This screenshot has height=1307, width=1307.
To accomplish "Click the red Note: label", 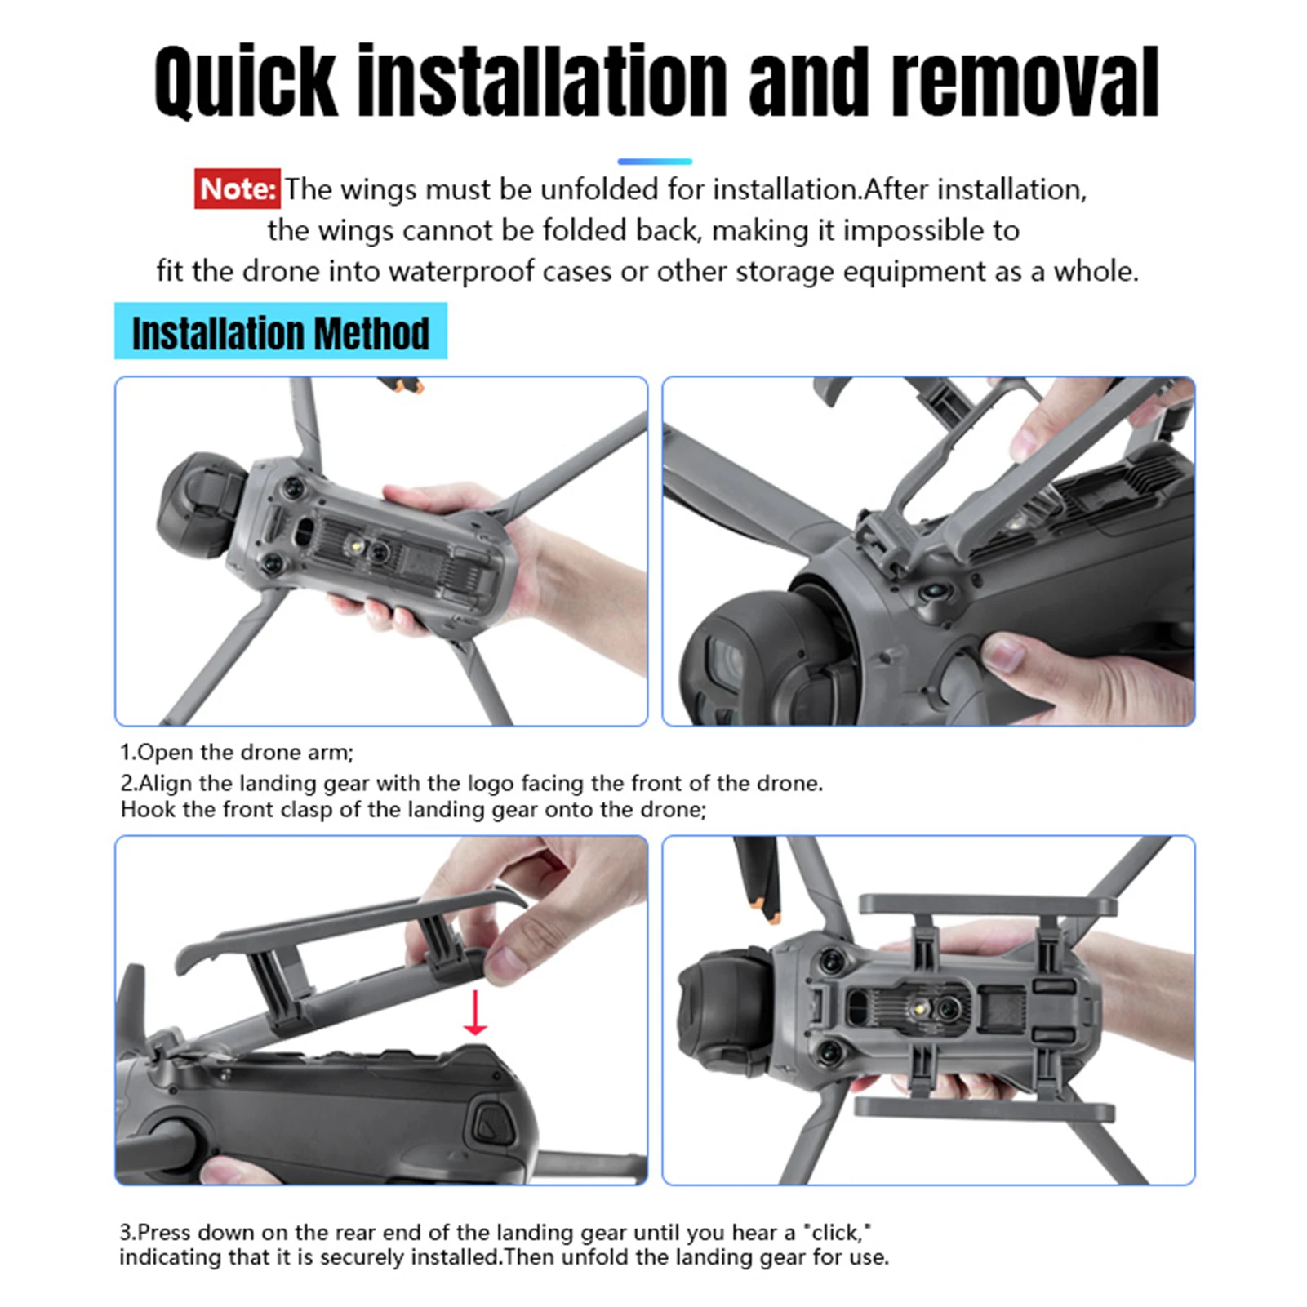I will [x=237, y=189].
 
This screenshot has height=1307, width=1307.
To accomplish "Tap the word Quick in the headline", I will [x=245, y=82].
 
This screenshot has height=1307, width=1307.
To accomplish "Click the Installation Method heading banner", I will [x=280, y=331].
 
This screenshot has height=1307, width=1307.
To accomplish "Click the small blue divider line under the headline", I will [x=654, y=162].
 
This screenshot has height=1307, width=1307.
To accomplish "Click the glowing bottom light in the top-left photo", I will [x=358, y=545].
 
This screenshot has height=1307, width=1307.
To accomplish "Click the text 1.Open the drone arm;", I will [x=237, y=752].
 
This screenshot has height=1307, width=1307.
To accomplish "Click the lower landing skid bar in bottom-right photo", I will [x=984, y=1109].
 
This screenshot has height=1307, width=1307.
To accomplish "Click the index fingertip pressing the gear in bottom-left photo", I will [x=502, y=963].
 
